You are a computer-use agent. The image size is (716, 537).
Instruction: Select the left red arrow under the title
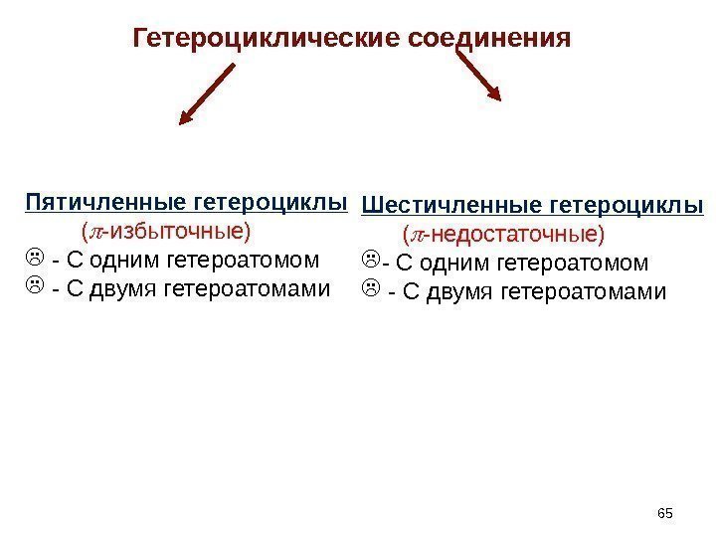(208, 94)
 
